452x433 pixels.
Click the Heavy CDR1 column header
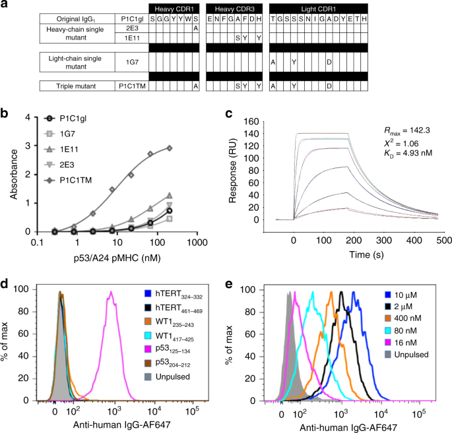pyautogui.click(x=174, y=7)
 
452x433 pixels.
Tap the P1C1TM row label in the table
pyautogui.click(x=131, y=86)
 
